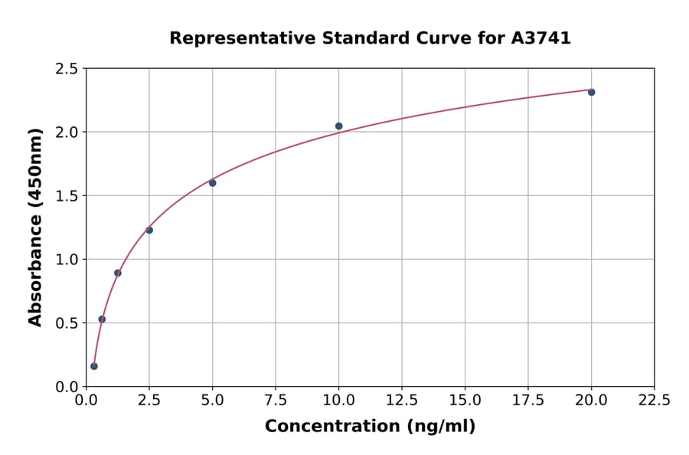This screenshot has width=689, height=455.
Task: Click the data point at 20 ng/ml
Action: point(591,92)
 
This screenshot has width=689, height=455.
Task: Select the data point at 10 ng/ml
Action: point(338,126)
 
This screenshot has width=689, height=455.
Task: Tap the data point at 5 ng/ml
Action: point(213,183)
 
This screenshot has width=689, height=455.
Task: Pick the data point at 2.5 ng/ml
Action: point(149,230)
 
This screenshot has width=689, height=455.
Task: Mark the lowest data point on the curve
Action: point(94,366)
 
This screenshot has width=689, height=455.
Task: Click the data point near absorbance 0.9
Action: point(118,273)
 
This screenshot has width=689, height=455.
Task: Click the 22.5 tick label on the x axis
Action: point(654,401)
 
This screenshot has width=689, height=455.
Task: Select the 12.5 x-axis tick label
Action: point(402,401)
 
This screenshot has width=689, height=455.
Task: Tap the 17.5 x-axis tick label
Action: point(528,401)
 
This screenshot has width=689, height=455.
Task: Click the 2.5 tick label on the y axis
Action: point(67,69)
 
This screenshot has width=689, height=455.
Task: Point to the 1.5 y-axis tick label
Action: point(67,196)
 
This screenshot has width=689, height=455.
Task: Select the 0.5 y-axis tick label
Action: point(67,323)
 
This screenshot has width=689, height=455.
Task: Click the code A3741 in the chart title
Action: point(540,38)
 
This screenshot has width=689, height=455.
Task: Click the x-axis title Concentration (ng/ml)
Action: point(370,427)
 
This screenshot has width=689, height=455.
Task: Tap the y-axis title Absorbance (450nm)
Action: point(35,227)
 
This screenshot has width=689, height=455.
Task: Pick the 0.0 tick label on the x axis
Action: point(87,401)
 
